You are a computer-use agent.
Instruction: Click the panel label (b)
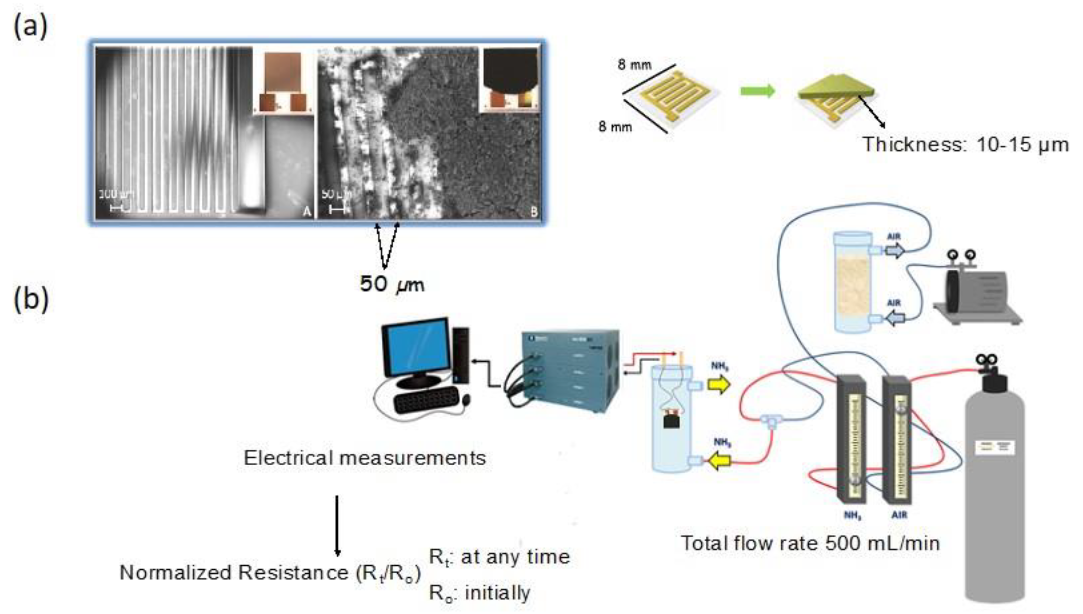coord(31,299)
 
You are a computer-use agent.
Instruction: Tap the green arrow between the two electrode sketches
coord(757,91)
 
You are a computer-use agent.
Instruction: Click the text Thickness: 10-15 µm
coord(966,145)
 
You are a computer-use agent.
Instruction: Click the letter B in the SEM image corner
coord(534,212)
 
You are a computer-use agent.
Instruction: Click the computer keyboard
coord(426,399)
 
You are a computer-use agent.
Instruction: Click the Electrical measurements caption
coord(365,458)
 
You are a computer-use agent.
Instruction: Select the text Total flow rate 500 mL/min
coord(810,543)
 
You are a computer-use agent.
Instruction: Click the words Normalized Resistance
coord(234,573)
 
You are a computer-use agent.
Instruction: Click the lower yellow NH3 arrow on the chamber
coord(719,461)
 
